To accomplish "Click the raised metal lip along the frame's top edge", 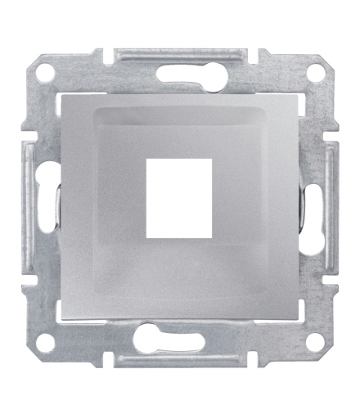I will [180, 54].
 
